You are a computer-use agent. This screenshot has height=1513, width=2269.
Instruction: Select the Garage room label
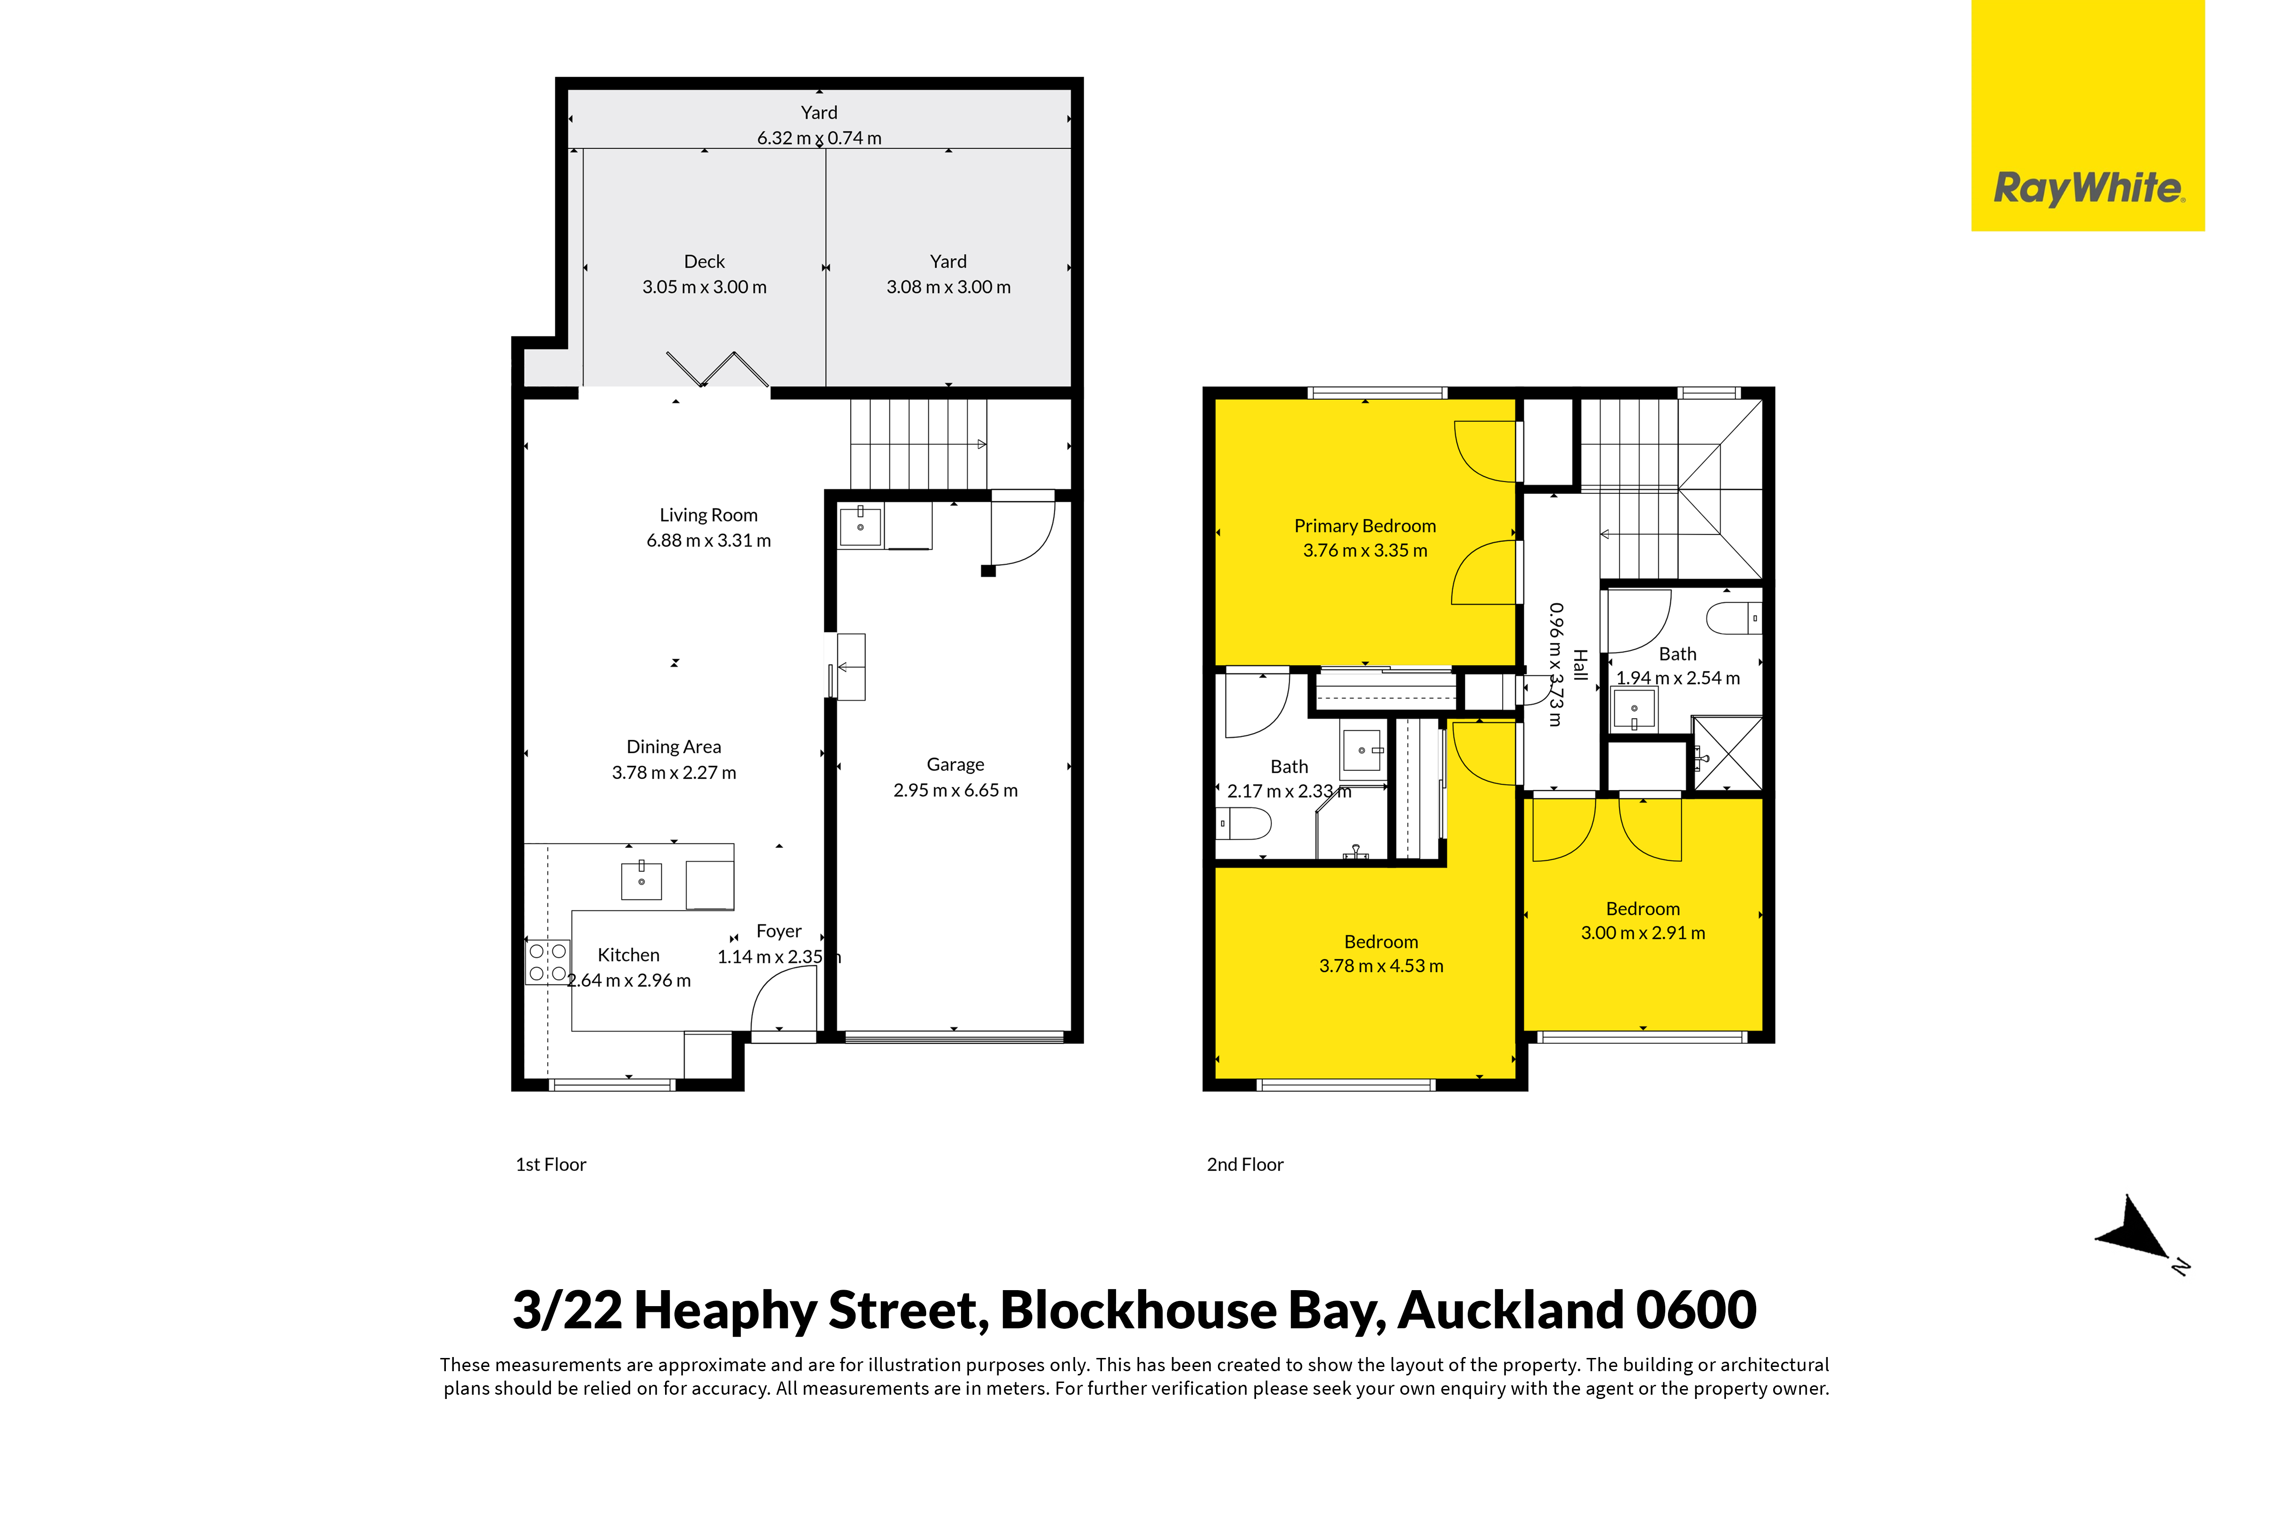pos(955,764)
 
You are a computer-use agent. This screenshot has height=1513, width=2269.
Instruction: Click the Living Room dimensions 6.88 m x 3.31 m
pos(708,540)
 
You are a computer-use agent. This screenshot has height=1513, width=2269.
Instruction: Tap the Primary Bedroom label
pos(1365,526)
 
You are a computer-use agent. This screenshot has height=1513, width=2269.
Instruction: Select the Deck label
pos(705,262)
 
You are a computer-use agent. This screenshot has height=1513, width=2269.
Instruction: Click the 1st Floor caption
pos(551,1165)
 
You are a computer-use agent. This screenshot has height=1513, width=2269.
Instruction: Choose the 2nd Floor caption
pos(1245,1165)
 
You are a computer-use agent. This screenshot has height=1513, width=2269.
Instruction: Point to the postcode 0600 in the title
pos(1696,1309)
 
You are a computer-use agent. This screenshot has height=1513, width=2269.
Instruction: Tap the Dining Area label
pos(674,747)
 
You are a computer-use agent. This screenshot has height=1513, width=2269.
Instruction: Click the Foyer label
pos(779,931)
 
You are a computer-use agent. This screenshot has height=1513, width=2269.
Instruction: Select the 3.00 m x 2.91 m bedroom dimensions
pos(1643,933)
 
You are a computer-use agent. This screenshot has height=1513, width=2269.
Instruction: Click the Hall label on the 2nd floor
pos(1580,665)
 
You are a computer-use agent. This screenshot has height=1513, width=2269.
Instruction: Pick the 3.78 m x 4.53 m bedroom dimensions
pos(1381,966)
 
